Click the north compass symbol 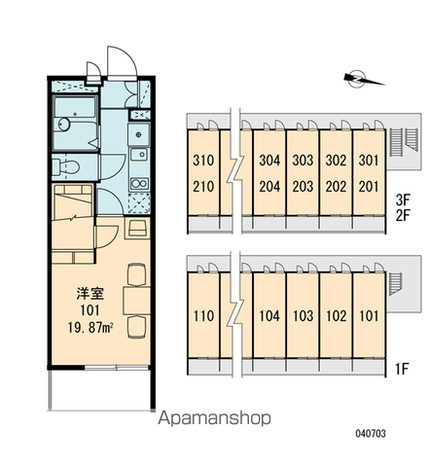click(357, 79)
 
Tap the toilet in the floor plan click(66, 167)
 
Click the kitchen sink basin click(138, 155)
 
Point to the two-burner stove click(139, 184)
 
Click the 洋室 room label click(90, 294)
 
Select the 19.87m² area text click(90, 328)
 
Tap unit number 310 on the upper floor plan click(203, 161)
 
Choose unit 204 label click(269, 187)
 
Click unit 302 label click(336, 161)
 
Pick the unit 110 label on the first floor click(203, 316)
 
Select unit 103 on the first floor click(303, 316)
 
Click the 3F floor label click(403, 200)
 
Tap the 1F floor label click(402, 369)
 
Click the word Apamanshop click(214, 418)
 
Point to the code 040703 click(371, 433)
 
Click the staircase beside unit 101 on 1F click(396, 284)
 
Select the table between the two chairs click(136, 301)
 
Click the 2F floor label click(403, 215)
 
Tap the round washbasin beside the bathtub click(64, 125)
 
